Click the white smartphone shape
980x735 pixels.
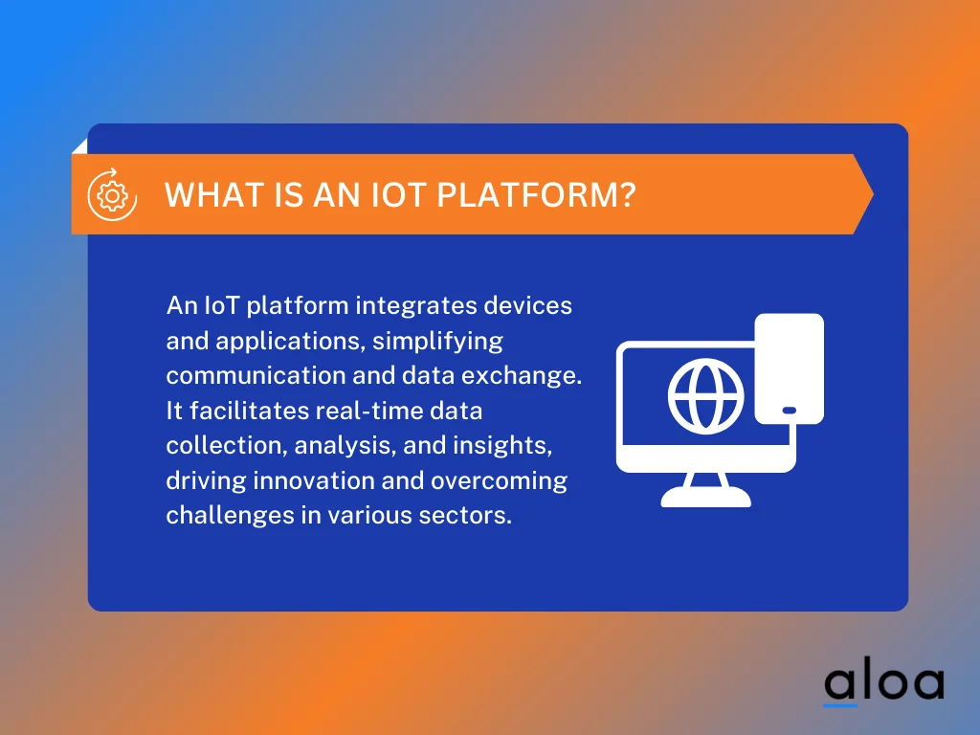(789, 368)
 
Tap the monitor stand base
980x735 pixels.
(706, 497)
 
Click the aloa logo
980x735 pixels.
(883, 681)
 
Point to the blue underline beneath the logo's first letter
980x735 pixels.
(840, 705)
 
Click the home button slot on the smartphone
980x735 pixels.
(789, 411)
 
